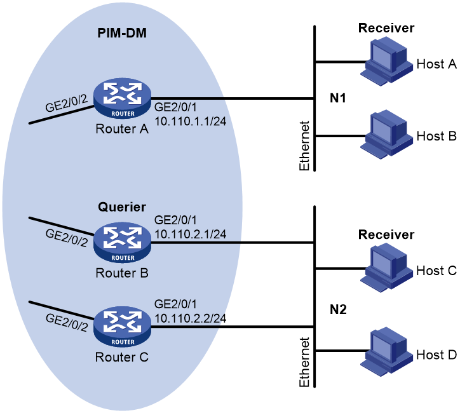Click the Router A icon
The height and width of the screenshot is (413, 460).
click(x=122, y=98)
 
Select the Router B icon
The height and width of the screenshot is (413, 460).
click(x=122, y=243)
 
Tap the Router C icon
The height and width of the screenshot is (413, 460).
click(x=122, y=327)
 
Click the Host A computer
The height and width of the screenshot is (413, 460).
click(x=386, y=62)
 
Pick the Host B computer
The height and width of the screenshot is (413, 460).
click(x=386, y=135)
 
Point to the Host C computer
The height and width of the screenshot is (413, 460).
click(x=386, y=268)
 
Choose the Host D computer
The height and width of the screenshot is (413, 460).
click(x=386, y=352)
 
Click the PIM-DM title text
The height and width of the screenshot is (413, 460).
click(x=122, y=33)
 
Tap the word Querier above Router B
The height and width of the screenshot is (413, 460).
click(x=122, y=207)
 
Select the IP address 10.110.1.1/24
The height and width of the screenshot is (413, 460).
click(x=191, y=121)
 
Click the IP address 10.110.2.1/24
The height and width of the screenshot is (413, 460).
click(x=191, y=234)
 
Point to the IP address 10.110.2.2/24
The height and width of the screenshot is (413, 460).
click(x=191, y=318)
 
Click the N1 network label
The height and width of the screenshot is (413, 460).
click(x=338, y=98)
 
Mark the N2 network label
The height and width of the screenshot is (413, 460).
click(x=338, y=309)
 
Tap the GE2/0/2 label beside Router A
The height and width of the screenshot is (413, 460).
click(x=66, y=103)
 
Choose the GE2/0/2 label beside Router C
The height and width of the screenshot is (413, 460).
click(x=67, y=323)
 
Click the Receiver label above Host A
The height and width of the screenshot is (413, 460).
click(x=386, y=28)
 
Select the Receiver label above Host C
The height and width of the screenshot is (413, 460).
click(x=386, y=234)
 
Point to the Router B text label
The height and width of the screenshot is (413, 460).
click(x=122, y=273)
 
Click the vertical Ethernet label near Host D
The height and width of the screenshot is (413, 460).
click(x=304, y=362)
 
